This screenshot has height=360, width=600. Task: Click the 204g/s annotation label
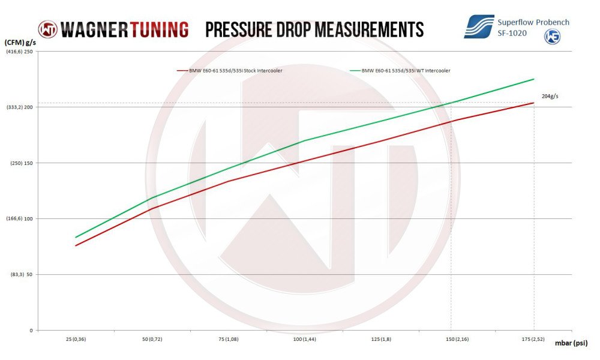click(x=550, y=96)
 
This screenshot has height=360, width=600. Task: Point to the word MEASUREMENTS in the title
click(x=367, y=29)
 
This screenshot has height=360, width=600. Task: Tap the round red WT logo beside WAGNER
click(x=48, y=29)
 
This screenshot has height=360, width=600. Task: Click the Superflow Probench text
click(x=533, y=22)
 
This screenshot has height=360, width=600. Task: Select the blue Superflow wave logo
click(x=478, y=27)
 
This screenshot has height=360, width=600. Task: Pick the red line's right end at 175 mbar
click(x=534, y=103)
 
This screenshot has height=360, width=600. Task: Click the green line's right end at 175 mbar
click(x=534, y=79)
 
